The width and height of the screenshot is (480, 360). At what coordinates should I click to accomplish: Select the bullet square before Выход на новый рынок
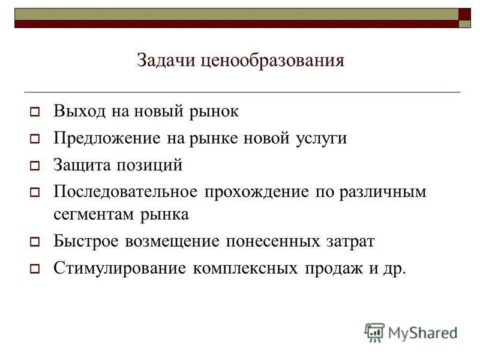pyautogui.click(x=35, y=112)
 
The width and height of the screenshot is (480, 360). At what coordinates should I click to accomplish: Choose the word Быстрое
pyautogui.click(x=86, y=241)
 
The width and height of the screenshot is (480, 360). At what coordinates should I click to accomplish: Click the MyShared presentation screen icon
pyautogui.click(x=374, y=332)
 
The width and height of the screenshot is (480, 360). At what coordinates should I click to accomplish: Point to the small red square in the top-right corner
pyautogui.click(x=464, y=14)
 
